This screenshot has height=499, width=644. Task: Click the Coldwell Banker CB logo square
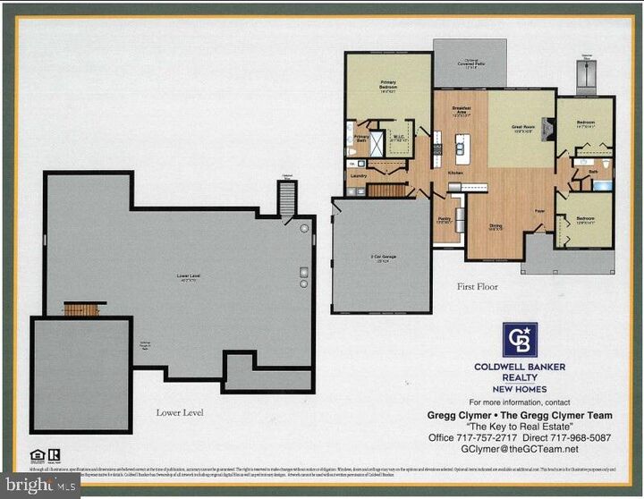tap(520, 340)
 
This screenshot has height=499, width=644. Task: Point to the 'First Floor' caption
tap(478, 287)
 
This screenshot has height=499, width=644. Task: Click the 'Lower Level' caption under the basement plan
tap(179, 412)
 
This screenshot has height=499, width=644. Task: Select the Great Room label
tap(522, 128)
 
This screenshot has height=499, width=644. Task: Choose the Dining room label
tap(495, 227)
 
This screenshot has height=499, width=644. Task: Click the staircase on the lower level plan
tap(82, 309)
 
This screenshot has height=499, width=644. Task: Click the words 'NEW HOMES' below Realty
tap(520, 389)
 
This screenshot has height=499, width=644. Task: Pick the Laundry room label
tap(359, 176)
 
